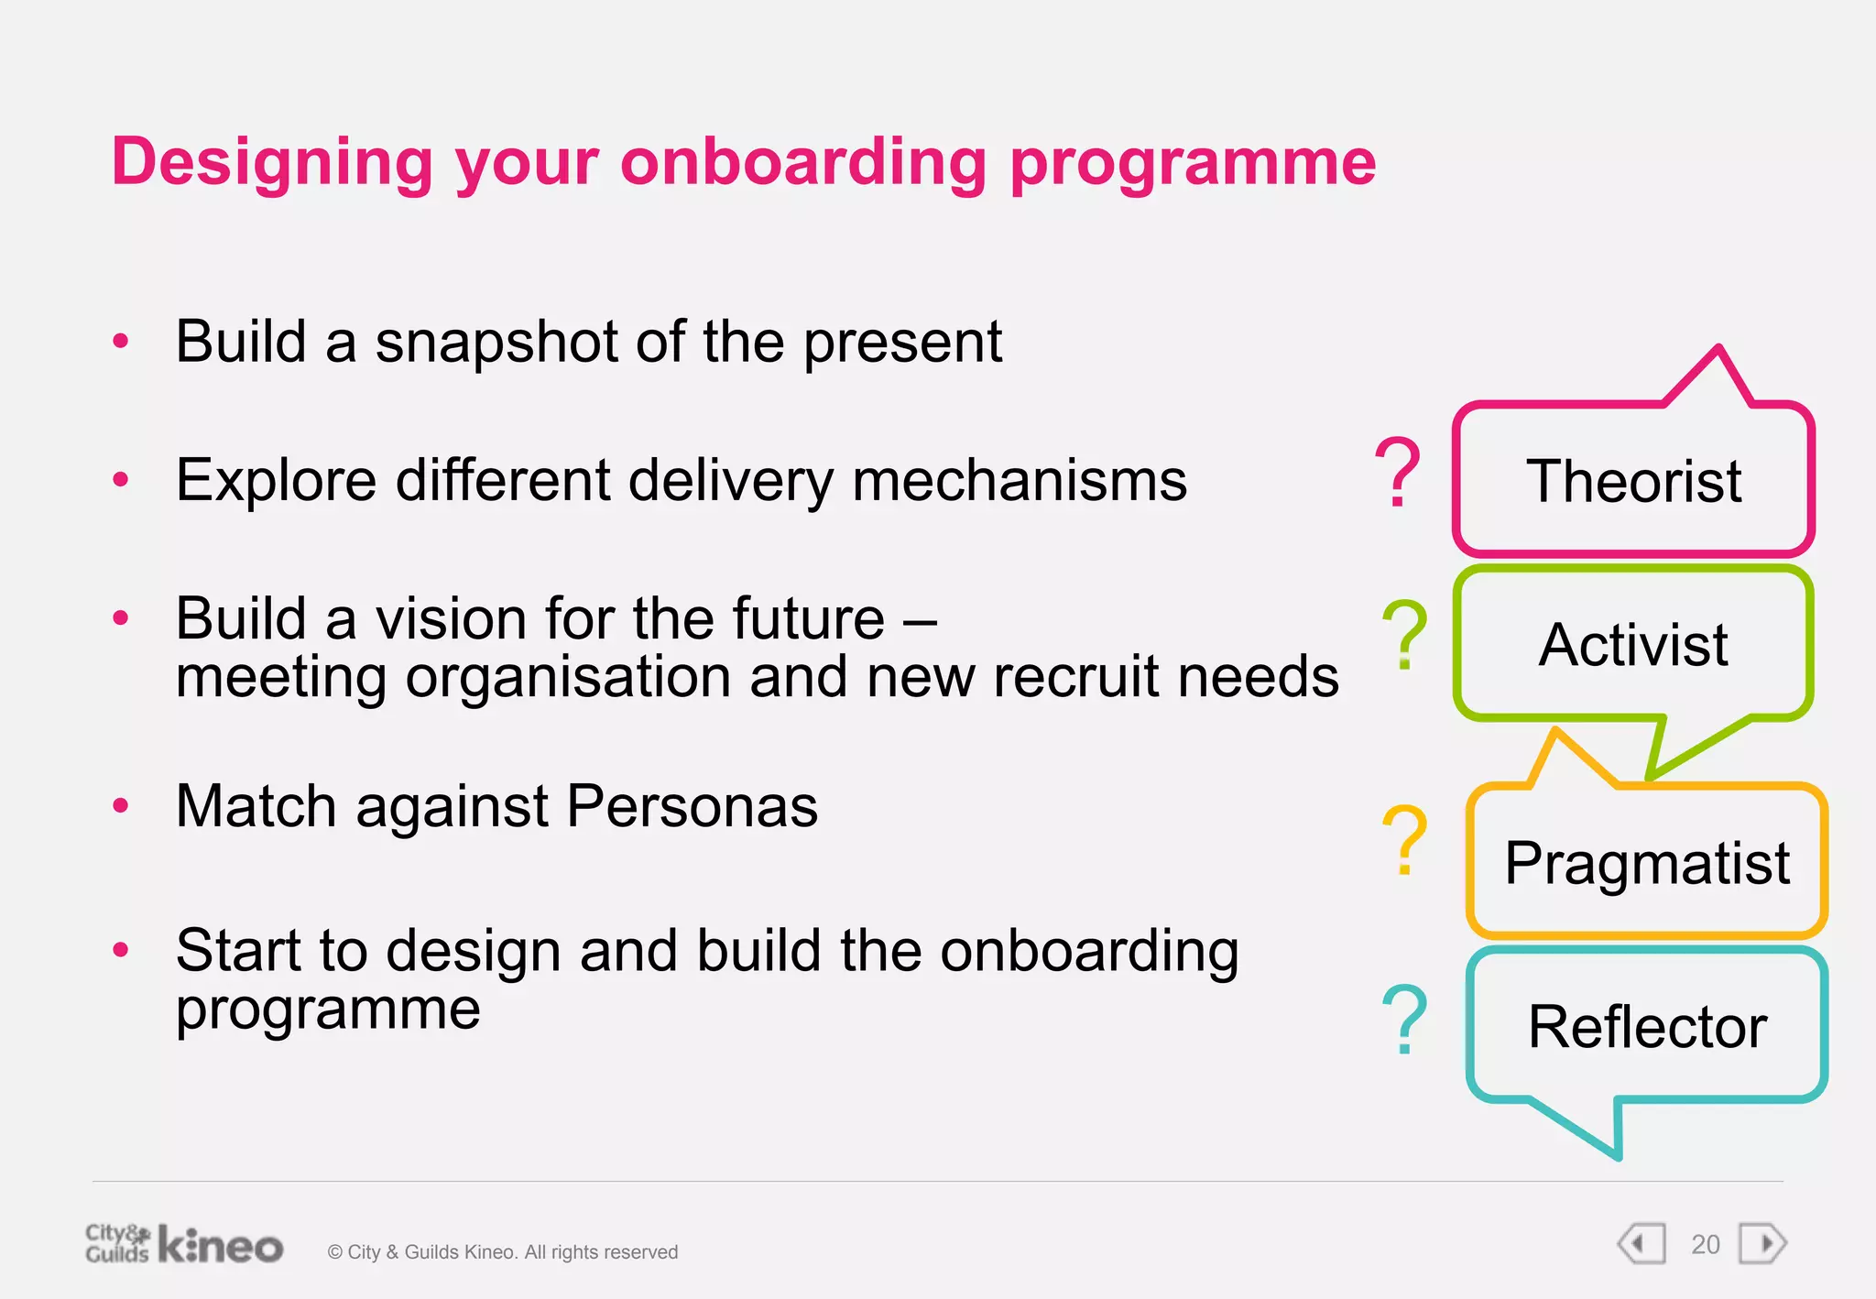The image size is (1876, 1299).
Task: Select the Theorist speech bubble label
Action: [1633, 481]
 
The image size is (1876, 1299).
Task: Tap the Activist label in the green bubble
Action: [1633, 645]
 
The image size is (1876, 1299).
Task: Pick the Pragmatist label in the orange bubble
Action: [1646, 863]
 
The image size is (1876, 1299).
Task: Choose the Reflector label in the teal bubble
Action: [1647, 1026]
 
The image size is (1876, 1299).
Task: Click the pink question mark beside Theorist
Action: [1398, 473]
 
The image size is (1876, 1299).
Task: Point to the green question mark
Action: [1404, 634]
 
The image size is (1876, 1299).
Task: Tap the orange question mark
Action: [1404, 840]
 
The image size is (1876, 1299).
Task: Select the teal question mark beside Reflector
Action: [1404, 1019]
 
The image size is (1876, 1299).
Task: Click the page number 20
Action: [1705, 1245]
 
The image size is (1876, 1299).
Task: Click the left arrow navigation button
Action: [1641, 1244]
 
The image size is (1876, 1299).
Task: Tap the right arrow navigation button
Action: [1762, 1244]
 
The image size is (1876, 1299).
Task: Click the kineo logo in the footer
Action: [221, 1246]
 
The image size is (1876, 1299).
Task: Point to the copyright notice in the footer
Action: [503, 1252]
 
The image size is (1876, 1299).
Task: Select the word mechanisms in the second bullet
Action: [1019, 481]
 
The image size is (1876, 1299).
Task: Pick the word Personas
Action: [692, 806]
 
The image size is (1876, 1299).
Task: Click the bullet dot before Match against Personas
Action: [121, 806]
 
